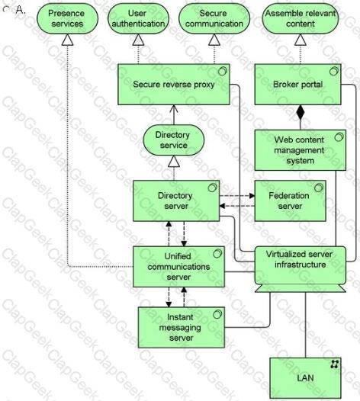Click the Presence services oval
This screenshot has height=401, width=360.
coord(68,18)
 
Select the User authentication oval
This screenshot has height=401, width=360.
coord(138,18)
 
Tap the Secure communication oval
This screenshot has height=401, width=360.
coord(214,18)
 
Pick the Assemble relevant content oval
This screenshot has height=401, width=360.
coord(301,18)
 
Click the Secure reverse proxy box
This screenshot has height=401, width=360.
coord(174,85)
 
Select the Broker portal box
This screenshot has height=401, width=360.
coord(298,85)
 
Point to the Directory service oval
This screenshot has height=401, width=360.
coord(174,140)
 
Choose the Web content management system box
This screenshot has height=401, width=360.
coord(301,150)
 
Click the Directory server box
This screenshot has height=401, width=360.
coord(176,200)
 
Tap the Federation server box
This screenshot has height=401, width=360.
coord(291,200)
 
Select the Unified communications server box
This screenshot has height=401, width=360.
coord(178,267)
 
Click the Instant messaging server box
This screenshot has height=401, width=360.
coord(182,327)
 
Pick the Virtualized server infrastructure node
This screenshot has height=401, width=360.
coord(301,269)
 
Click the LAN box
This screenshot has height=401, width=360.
coord(306,378)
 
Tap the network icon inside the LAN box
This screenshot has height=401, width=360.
coord(335,364)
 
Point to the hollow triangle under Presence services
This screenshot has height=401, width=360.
coord(68,40)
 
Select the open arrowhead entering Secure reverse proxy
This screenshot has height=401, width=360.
coord(174,110)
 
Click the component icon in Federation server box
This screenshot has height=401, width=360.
coord(319,188)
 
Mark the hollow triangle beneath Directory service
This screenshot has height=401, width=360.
coord(174,162)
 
